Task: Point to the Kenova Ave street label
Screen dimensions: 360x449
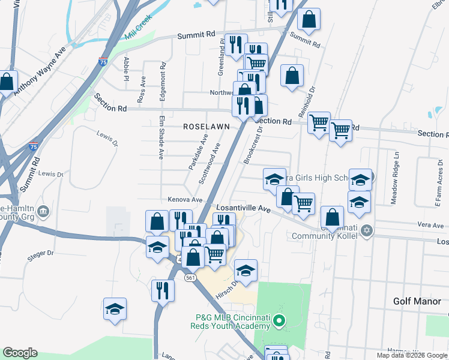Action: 177,199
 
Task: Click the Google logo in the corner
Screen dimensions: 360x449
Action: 20,353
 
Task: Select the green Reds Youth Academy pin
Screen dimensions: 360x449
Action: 279,322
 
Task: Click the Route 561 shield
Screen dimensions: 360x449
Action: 190,278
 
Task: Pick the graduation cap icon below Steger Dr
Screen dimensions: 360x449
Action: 115,309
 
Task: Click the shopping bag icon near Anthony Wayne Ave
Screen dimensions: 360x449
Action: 8,82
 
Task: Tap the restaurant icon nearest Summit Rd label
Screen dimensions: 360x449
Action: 236,44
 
